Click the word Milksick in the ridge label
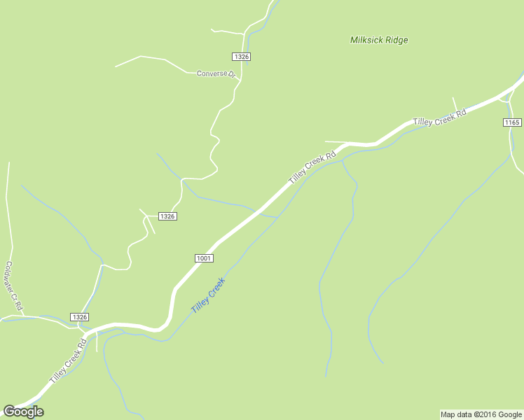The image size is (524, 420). pyautogui.click(x=367, y=40)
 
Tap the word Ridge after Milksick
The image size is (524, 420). pyautogui.click(x=397, y=40)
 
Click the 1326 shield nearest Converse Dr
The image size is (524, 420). pyautogui.click(x=241, y=56)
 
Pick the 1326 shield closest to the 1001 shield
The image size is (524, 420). pyautogui.click(x=167, y=216)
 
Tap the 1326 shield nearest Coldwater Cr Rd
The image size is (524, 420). pyautogui.click(x=80, y=317)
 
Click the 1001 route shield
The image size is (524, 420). pyautogui.click(x=204, y=258)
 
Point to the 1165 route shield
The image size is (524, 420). pyautogui.click(x=512, y=122)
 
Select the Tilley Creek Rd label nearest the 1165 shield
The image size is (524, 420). pyautogui.click(x=439, y=118)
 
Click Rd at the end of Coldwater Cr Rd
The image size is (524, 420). pyautogui.click(x=20, y=305)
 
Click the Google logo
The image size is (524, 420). pyautogui.click(x=23, y=412)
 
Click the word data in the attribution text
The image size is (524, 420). pyautogui.click(x=464, y=414)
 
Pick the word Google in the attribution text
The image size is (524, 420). pyautogui.click(x=509, y=414)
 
